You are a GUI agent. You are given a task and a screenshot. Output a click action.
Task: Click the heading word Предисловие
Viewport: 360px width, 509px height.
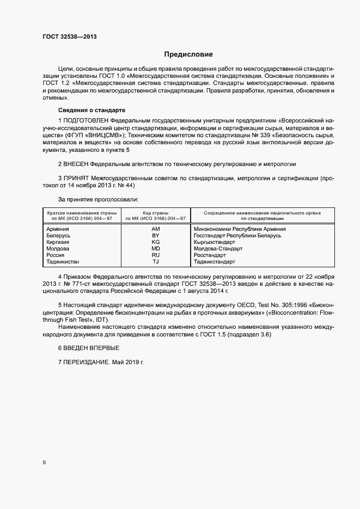[188, 54]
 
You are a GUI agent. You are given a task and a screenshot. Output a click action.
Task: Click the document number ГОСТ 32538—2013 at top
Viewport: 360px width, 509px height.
[70, 37]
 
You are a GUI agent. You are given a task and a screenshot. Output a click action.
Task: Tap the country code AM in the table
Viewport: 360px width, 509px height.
[156, 229]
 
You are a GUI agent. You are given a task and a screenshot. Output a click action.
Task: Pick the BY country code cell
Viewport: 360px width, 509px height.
[156, 236]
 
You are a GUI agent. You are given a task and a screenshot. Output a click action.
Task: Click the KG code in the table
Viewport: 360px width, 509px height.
[156, 242]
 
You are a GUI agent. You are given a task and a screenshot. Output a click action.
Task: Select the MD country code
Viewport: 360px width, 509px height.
[156, 249]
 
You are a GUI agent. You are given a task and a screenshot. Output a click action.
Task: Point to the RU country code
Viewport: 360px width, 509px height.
[156, 255]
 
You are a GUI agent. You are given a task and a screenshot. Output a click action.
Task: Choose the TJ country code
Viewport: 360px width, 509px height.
[156, 262]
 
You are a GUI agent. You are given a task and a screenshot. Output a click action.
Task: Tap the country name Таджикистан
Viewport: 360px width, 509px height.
[64, 262]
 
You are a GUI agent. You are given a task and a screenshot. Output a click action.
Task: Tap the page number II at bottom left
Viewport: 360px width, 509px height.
[44, 462]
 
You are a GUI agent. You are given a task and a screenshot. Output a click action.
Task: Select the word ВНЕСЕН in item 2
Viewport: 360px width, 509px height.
[76, 164]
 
